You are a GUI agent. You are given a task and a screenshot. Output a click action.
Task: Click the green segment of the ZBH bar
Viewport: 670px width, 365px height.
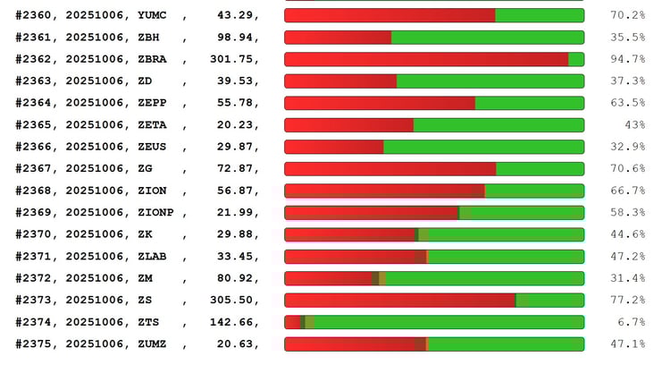click(x=487, y=38)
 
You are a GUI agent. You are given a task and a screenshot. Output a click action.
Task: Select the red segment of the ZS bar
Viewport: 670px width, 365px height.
click(x=399, y=300)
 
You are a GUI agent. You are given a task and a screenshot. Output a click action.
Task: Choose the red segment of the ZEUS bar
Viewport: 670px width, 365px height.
click(x=333, y=147)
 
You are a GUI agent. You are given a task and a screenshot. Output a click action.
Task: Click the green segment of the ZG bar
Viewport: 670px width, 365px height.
click(x=540, y=168)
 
